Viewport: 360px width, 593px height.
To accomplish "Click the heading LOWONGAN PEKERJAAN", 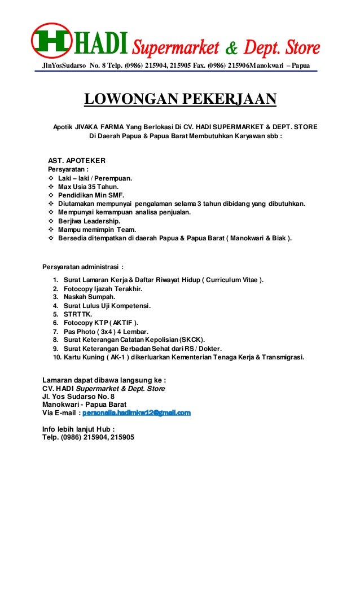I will (x=180, y=100).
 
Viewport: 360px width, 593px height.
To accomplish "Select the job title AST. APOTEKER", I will (x=77, y=160).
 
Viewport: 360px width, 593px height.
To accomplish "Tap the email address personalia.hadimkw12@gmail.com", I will (x=137, y=413).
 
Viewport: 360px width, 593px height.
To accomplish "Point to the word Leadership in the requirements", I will (x=102, y=221).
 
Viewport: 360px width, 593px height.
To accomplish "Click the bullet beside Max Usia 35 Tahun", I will (x=52, y=186).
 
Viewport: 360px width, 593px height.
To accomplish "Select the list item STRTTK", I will (x=77, y=314).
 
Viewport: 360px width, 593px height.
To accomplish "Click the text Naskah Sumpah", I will (x=89, y=297).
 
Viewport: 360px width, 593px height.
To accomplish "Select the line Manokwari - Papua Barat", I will (x=84, y=405).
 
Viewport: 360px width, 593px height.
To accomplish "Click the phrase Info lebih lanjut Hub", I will (x=77, y=429).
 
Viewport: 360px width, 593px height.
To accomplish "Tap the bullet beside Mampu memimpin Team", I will (x=52, y=230).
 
